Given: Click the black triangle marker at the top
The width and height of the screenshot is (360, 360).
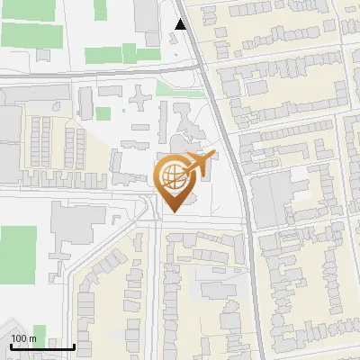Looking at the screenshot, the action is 182,24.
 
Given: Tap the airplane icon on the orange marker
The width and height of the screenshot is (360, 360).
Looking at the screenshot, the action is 199,163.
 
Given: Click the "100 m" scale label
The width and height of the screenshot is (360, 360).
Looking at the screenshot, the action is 23,338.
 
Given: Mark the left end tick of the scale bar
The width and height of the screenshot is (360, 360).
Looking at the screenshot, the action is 10,346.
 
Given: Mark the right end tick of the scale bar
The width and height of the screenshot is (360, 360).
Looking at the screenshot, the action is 74,346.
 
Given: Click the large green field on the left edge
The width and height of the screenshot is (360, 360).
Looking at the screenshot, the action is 17,251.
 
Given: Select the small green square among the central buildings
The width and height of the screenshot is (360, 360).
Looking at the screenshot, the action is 103,113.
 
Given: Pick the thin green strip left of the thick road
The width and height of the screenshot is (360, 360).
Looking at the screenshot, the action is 180,89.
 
